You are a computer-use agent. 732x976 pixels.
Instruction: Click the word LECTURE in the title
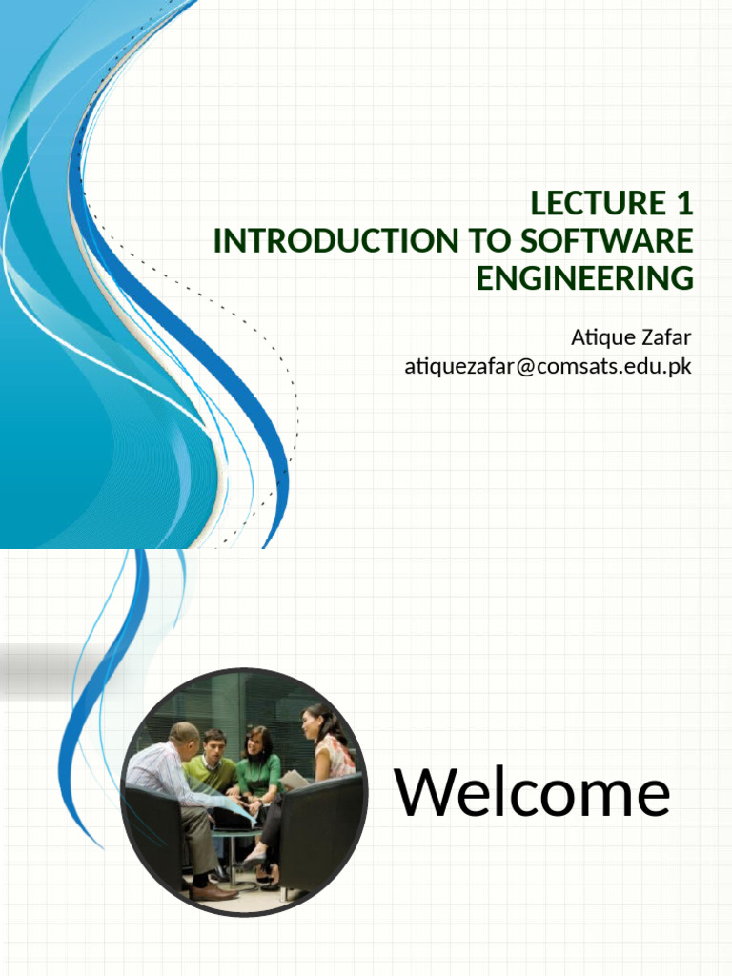click(583, 204)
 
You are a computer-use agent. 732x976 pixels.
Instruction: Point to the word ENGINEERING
click(584, 279)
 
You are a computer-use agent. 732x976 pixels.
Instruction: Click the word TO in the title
click(486, 242)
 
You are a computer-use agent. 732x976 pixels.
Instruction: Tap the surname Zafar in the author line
click(666, 337)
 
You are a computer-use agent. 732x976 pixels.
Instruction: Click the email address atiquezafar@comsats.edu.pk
click(548, 366)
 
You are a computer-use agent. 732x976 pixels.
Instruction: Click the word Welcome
click(533, 793)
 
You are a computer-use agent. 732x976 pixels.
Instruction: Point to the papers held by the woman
click(293, 780)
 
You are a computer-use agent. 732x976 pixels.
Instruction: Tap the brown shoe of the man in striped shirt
click(213, 892)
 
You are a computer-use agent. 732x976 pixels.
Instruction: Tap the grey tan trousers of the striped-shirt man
click(198, 839)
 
